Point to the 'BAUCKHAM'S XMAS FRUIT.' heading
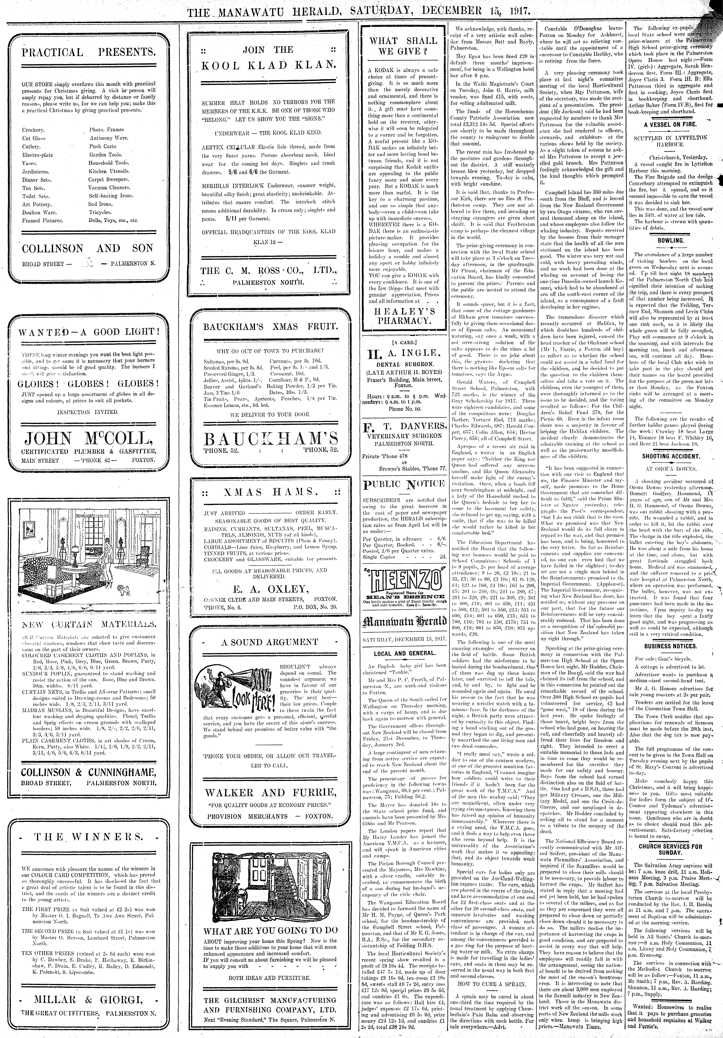click(x=270, y=326)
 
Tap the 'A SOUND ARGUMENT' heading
click(x=270, y=642)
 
